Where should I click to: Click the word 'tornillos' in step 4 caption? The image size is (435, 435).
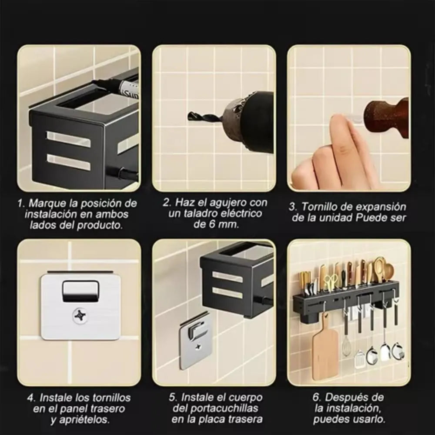pos(110,398)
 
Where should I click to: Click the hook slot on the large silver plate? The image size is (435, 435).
pos(80,290)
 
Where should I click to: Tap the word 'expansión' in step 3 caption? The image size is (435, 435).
pos(385,207)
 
